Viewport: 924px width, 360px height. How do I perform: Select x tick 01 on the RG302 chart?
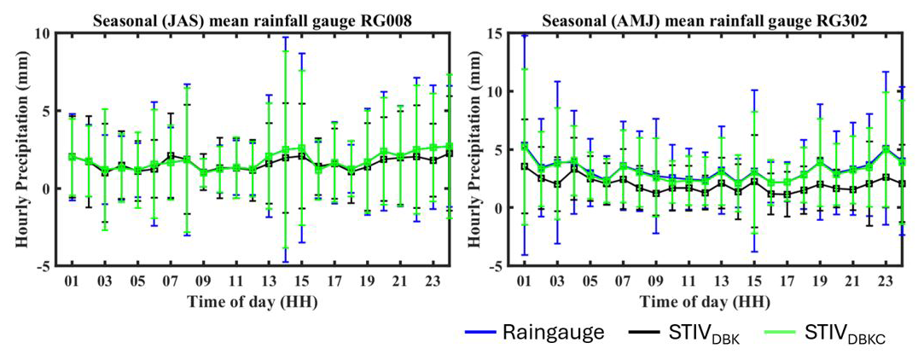click(511, 280)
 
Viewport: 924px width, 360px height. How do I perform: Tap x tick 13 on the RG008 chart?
click(268, 280)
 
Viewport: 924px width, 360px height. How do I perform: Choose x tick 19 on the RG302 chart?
click(818, 280)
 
